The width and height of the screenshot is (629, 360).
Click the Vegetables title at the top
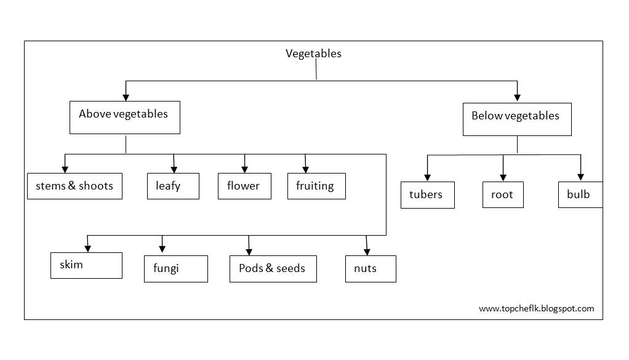pyautogui.click(x=313, y=54)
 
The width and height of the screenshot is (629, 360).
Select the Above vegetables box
pyautogui.click(x=125, y=118)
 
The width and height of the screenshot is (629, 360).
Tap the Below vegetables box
pyautogui.click(x=516, y=119)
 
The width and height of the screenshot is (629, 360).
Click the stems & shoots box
pyautogui.click(x=74, y=186)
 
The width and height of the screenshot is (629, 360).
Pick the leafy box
pyautogui.click(x=173, y=186)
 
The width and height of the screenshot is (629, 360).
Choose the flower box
pyautogui.click(x=244, y=186)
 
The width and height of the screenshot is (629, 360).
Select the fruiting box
pyautogui.click(x=316, y=186)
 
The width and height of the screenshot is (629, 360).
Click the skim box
pyautogui.click(x=86, y=265)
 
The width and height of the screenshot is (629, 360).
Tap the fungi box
pyautogui.click(x=175, y=269)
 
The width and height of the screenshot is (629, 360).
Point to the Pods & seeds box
pyautogui.click(x=273, y=269)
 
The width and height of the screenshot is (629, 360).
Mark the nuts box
pyautogui.click(x=370, y=269)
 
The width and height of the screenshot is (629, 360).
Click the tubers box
pyautogui.click(x=427, y=195)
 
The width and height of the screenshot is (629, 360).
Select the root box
pyautogui.click(x=503, y=195)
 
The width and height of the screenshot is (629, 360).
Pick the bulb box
pyautogui.click(x=580, y=195)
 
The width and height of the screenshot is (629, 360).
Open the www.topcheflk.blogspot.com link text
pyautogui.click(x=536, y=309)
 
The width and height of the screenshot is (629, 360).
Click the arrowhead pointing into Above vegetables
pyautogui.click(x=126, y=96)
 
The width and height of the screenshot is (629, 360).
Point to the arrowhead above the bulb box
pyautogui.click(x=580, y=176)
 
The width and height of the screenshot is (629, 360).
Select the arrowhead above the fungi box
pyautogui.click(x=162, y=249)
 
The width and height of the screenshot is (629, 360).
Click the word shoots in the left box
pyautogui.click(x=97, y=186)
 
